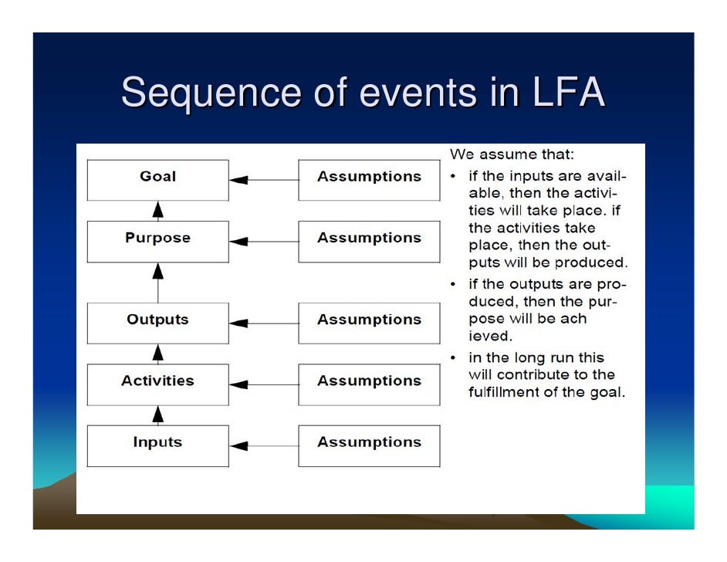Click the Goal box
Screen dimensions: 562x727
157,180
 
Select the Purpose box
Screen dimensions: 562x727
157,241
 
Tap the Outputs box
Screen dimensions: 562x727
157,323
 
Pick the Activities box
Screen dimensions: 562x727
157,384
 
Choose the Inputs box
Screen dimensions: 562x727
157,445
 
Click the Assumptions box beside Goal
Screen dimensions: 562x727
369,180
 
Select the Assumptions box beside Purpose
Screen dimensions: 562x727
369,241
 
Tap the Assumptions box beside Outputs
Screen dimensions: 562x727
369,323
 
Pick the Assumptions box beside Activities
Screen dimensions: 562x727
369,384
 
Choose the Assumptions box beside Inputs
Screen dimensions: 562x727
369,445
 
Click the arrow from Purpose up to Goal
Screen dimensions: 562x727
158,211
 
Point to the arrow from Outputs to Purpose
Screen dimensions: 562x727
158,282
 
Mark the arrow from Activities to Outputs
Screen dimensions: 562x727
158,354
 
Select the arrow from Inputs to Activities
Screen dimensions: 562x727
158,415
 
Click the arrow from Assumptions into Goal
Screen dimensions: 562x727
263,180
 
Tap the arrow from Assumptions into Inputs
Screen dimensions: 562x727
263,445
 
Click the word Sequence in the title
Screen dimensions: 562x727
210,93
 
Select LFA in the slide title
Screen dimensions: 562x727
566,93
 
